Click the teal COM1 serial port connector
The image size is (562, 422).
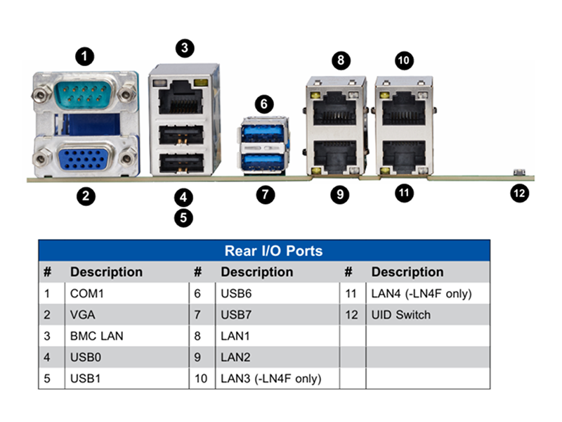tap(84, 94)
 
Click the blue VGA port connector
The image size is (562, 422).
tap(84, 157)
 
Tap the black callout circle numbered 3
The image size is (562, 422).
tap(185, 48)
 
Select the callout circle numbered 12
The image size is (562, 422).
tap(519, 193)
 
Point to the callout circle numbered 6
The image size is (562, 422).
tap(264, 104)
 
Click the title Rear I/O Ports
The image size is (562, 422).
tap(273, 251)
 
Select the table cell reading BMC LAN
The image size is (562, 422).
tap(96, 336)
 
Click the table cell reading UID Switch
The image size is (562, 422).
tap(400, 314)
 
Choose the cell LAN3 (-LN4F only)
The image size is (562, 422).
tap(271, 378)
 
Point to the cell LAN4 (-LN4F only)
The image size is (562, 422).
tap(421, 293)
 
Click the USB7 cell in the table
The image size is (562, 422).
tap(236, 314)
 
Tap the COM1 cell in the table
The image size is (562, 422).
tap(86, 293)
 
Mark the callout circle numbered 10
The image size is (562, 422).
tap(404, 60)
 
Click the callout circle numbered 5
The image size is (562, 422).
tap(183, 218)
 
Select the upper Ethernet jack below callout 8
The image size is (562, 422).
tap(335, 108)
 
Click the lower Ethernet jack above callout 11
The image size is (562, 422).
tap(405, 157)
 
